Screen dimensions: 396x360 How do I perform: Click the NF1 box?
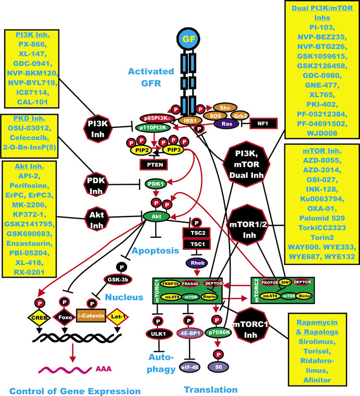tap(263, 124)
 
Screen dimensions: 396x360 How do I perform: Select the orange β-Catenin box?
tap(90, 316)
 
